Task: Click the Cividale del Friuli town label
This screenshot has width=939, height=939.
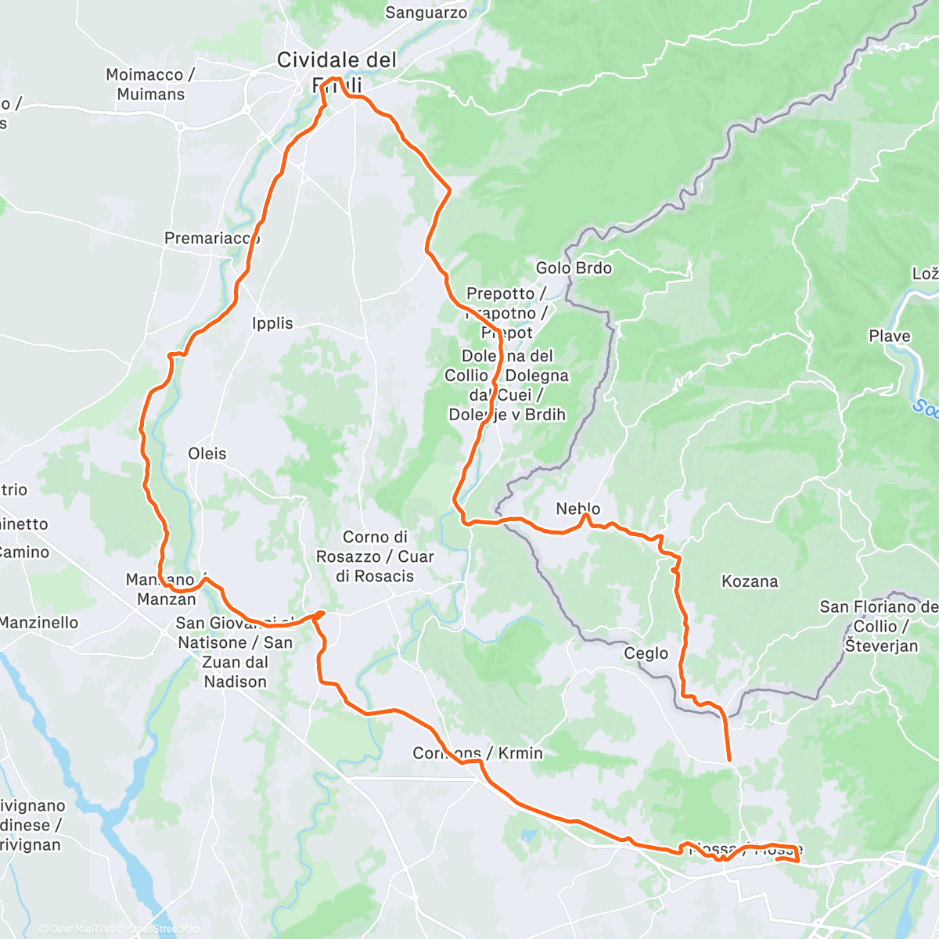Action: pyautogui.click(x=336, y=61)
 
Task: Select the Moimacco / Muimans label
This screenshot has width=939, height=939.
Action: pyautogui.click(x=150, y=85)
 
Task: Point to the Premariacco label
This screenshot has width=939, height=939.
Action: pyautogui.click(x=211, y=238)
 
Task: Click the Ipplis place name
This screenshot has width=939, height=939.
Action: pyautogui.click(x=272, y=323)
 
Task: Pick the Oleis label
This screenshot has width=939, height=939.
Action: pyautogui.click(x=207, y=453)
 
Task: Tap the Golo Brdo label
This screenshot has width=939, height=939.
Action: pyautogui.click(x=574, y=268)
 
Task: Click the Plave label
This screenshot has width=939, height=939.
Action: pyautogui.click(x=889, y=336)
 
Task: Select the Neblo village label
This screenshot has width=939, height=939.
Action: pyautogui.click(x=577, y=509)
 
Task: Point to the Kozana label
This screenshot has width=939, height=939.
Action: pyautogui.click(x=750, y=581)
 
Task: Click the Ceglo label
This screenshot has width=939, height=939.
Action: pyautogui.click(x=646, y=653)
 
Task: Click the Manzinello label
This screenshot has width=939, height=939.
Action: pyautogui.click(x=39, y=622)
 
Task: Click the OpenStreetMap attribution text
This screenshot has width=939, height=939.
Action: pyautogui.click(x=164, y=929)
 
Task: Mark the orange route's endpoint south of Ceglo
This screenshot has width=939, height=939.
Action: pyautogui.click(x=729, y=759)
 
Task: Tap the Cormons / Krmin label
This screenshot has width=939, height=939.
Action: pyautogui.click(x=477, y=753)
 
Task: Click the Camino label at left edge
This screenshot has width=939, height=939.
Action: pyautogui.click(x=23, y=552)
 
